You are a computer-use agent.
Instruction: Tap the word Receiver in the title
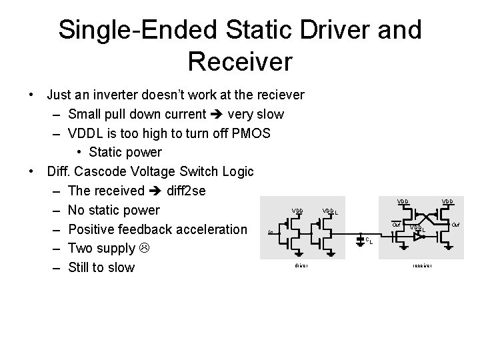click(x=240, y=61)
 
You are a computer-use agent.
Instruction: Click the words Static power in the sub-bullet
click(x=125, y=153)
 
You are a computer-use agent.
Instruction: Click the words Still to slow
click(x=101, y=267)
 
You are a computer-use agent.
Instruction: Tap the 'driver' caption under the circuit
click(x=301, y=265)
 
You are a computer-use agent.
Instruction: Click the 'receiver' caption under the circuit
click(x=423, y=265)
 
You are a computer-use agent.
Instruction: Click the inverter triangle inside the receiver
click(x=417, y=236)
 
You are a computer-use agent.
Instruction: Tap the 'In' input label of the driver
click(x=269, y=233)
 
